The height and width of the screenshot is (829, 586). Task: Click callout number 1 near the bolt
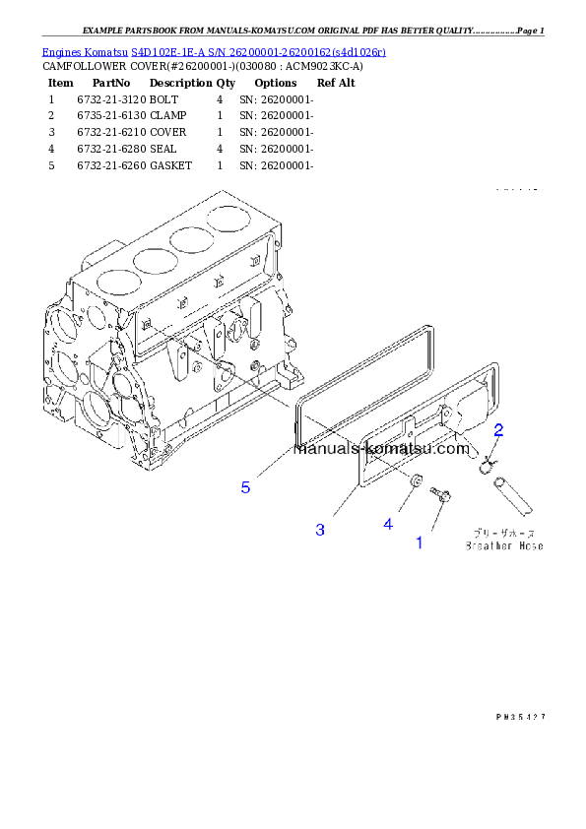(419, 542)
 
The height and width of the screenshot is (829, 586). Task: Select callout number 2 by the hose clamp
(499, 429)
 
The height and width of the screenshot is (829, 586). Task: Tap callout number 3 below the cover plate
(320, 530)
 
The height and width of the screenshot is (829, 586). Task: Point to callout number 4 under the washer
(388, 524)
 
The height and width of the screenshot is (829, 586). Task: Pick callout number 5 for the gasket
(245, 486)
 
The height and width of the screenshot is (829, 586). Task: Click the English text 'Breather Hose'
(504, 545)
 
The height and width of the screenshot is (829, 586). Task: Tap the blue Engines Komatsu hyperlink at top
(214, 50)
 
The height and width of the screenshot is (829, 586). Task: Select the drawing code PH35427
(520, 717)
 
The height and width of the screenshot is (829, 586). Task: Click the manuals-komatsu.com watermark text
(382, 449)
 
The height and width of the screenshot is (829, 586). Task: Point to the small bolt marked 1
(441, 496)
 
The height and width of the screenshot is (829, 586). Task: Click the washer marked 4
(416, 481)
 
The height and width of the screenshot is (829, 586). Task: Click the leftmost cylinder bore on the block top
(115, 282)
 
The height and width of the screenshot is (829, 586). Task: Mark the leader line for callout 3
(345, 500)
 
